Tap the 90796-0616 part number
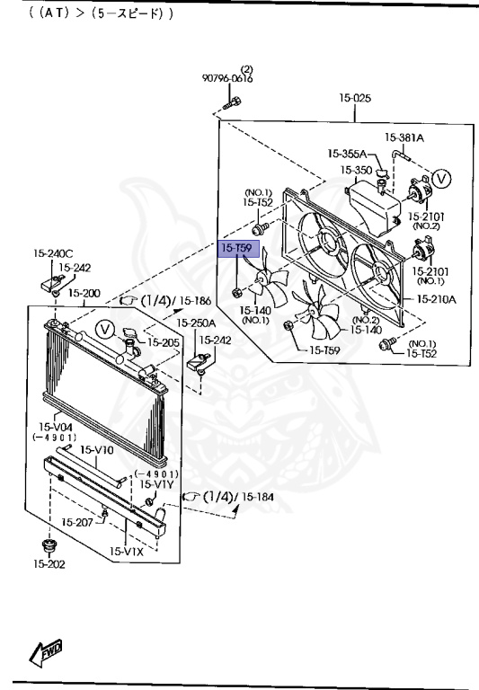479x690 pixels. pyautogui.click(x=227, y=78)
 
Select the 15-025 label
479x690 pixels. pyautogui.click(x=355, y=98)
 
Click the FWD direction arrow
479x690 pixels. pyautogui.click(x=46, y=652)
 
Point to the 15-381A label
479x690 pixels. pyautogui.click(x=404, y=137)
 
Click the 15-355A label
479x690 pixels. pyautogui.click(x=347, y=154)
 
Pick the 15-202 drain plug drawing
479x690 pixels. pyautogui.click(x=48, y=546)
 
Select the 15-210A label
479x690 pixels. pyautogui.click(x=436, y=299)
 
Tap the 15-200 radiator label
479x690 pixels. pyautogui.click(x=84, y=293)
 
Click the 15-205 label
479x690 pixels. pyautogui.click(x=163, y=342)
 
